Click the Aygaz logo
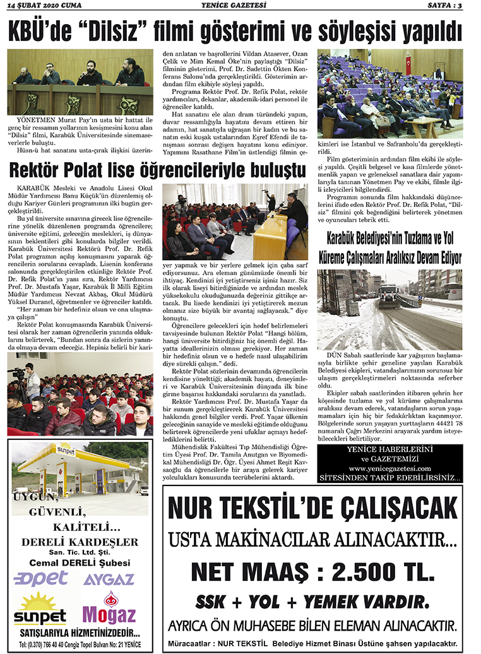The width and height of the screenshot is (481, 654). (108, 579)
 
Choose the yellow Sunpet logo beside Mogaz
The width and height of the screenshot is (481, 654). (40, 609)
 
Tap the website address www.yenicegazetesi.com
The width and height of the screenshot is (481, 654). (389, 468)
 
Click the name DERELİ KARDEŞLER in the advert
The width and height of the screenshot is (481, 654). (80, 542)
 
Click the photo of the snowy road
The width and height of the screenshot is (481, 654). (389, 310)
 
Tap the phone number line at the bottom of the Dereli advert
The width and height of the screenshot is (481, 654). (80, 644)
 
